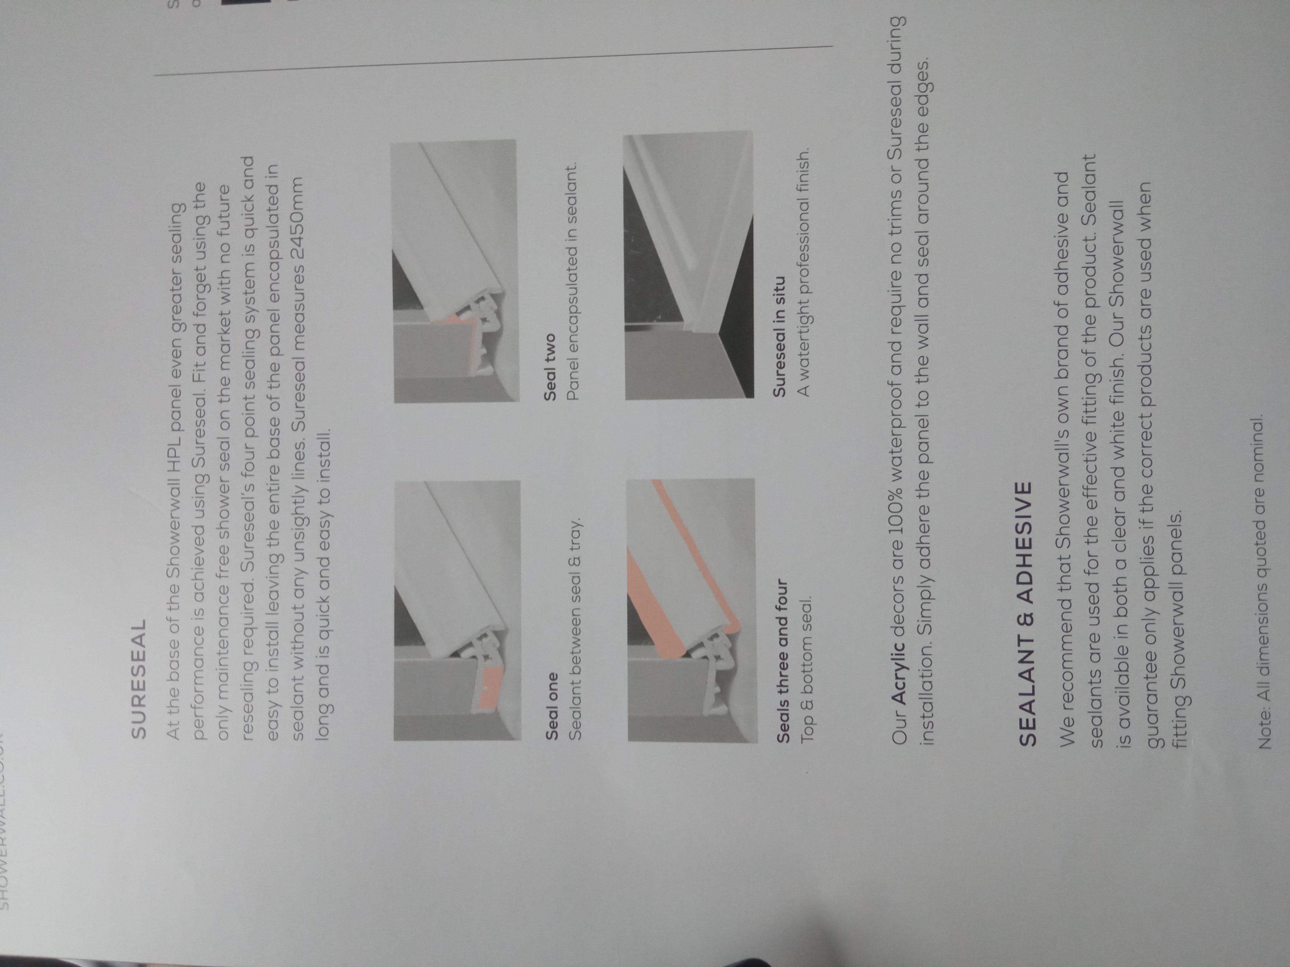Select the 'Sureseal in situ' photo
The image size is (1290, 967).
688,265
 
